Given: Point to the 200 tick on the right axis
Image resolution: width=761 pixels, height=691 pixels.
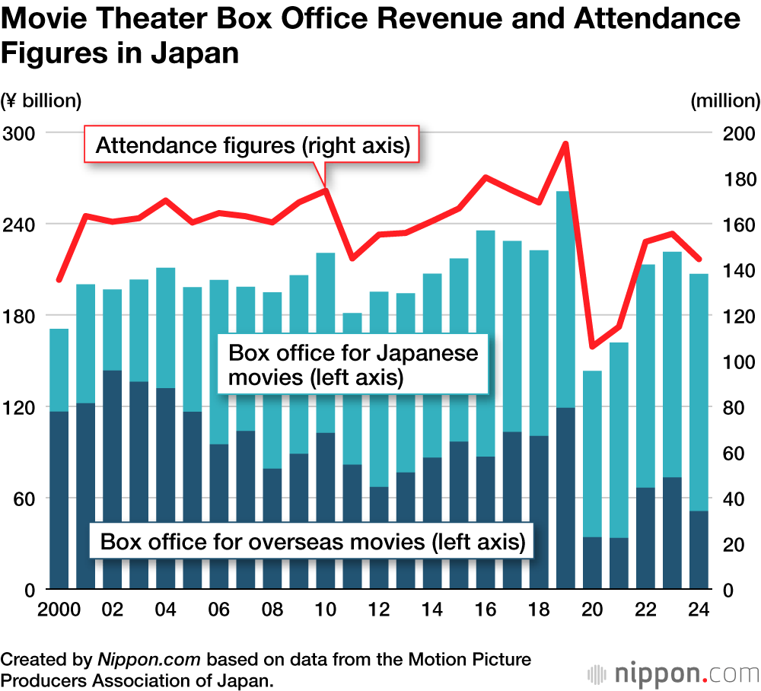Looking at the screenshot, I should coord(736,133).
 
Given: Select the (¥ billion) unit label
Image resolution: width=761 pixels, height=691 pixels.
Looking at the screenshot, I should coord(41,100).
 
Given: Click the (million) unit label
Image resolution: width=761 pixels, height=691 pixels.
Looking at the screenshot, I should coord(725,100).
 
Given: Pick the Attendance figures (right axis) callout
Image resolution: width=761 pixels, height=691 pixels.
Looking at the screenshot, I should coord(252,145).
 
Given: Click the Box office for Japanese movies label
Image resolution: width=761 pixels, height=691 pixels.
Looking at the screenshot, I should coord(353,365).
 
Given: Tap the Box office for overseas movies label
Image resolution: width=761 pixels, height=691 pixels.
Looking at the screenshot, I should coord(313,542).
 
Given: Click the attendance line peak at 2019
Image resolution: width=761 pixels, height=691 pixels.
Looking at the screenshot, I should coord(565,143).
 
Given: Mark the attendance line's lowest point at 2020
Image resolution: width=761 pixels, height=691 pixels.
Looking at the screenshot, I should coord(592,347).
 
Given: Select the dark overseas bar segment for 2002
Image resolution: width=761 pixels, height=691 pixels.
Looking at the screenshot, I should coord(113,479).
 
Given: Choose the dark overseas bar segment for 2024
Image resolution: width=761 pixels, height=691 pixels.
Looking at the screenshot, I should coord(699,550).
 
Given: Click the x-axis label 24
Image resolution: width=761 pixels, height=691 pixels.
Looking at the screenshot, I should coord(699,610).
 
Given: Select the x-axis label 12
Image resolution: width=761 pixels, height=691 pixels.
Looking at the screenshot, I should coord(379,610).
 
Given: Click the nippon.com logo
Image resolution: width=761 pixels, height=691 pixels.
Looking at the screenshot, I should coord(673,673).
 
